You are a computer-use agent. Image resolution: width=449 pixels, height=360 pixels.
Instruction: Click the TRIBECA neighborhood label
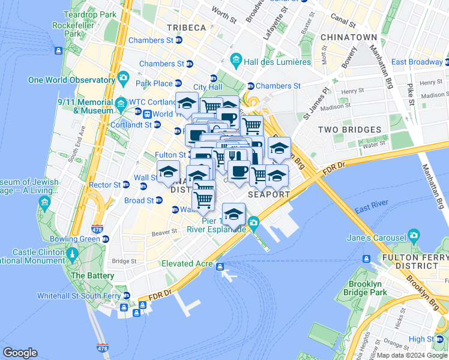tap(186, 28)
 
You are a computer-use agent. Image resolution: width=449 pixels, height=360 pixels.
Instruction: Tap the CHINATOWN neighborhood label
tap(348, 37)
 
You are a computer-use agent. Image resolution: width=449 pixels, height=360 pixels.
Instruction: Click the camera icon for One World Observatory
tap(124, 77)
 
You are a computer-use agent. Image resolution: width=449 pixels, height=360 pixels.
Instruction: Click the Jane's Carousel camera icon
tap(413, 235)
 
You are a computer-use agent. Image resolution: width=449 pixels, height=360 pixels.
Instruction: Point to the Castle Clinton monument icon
tap(73, 254)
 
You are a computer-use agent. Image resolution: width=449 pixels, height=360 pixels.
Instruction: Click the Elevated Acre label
tap(187, 263)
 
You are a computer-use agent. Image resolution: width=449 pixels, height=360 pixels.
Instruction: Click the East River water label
tap(370, 209)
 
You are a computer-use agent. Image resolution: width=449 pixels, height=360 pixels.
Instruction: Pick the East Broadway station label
tap(417, 62)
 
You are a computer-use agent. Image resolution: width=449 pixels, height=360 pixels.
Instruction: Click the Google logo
tap(20, 353)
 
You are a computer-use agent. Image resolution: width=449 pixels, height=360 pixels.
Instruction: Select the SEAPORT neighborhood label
tap(269, 194)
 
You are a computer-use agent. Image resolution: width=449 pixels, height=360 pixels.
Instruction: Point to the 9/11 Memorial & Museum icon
tap(121, 103)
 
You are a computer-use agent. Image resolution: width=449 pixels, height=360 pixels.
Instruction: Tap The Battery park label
tap(92, 275)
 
